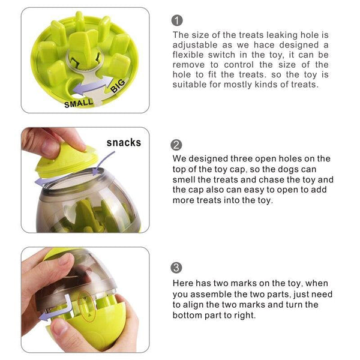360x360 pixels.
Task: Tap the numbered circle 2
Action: pos(177,145)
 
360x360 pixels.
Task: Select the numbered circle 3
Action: pos(177,268)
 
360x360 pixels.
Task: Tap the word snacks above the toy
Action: pos(124,142)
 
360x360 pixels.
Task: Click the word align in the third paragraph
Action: pos(196,304)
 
